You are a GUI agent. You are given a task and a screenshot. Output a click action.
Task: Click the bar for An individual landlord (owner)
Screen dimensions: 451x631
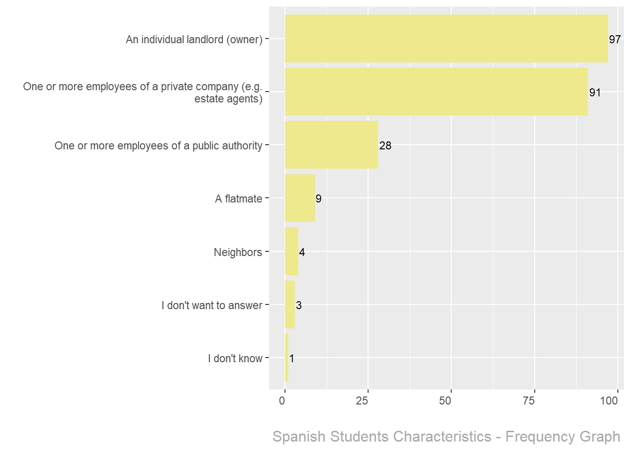click(x=446, y=39)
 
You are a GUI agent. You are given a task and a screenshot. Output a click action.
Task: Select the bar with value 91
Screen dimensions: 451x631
click(x=436, y=92)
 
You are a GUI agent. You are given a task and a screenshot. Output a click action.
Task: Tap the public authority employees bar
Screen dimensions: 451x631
click(x=331, y=145)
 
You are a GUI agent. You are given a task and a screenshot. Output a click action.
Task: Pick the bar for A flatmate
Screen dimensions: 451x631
click(x=300, y=198)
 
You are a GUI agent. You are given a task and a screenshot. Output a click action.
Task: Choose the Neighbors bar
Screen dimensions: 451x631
click(x=291, y=251)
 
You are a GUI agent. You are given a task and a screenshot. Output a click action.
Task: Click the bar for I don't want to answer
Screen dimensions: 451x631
click(x=290, y=304)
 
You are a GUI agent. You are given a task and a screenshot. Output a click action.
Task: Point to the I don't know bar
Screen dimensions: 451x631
click(x=286, y=358)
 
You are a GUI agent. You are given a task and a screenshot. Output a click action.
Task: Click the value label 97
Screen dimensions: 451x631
click(x=615, y=39)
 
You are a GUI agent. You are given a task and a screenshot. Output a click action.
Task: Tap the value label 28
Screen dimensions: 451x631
click(x=385, y=146)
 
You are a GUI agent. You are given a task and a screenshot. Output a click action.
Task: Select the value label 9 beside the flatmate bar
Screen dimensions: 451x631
click(x=318, y=199)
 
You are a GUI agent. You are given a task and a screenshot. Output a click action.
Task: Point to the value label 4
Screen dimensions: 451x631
click(x=302, y=252)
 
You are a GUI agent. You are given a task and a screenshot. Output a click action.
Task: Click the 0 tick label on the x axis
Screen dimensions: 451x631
click(x=282, y=401)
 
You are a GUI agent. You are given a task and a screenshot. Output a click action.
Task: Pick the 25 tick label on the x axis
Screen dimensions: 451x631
click(x=362, y=401)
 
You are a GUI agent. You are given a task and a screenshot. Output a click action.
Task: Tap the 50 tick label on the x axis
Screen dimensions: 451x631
click(x=445, y=401)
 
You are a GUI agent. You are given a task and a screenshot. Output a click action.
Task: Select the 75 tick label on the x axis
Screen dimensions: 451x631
click(x=529, y=401)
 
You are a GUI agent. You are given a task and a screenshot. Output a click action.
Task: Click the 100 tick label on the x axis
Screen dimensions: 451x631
click(x=609, y=401)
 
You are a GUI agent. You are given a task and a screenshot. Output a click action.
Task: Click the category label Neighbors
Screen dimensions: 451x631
click(x=238, y=252)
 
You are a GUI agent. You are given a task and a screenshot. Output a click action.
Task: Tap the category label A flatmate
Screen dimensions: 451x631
click(x=239, y=199)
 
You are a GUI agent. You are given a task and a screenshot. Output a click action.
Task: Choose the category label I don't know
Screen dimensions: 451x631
click(x=235, y=358)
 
